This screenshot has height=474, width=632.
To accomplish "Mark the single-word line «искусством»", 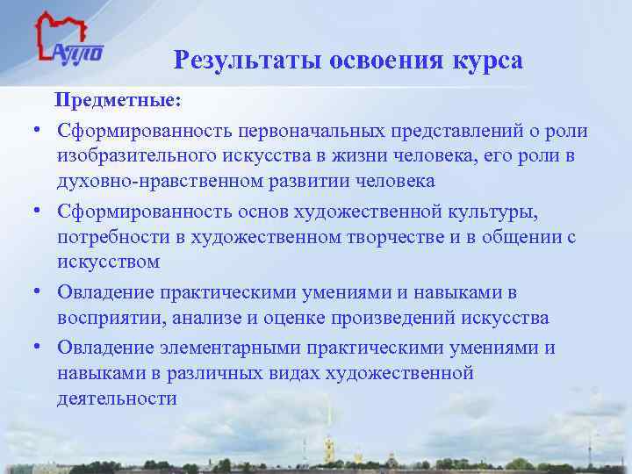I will tap(109, 262).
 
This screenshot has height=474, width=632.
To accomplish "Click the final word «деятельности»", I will tap(118, 399).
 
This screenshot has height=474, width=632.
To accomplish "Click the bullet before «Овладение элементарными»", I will tap(40, 348).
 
